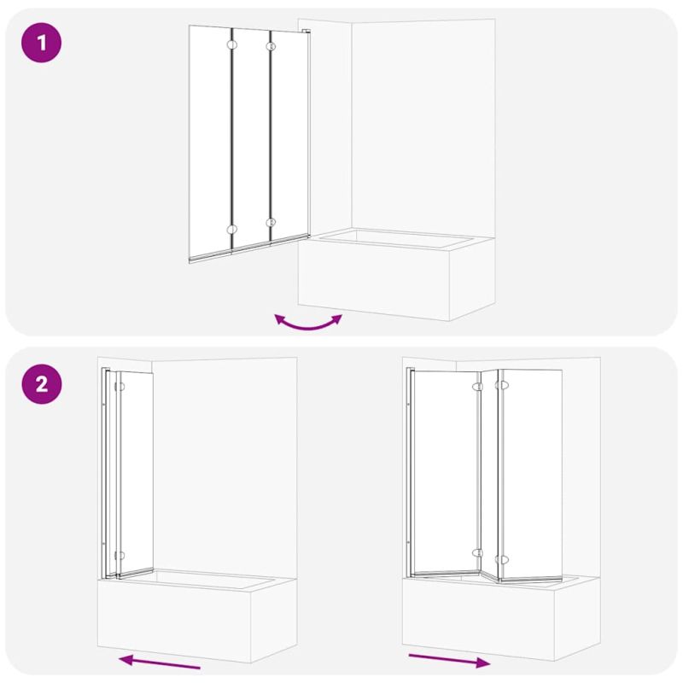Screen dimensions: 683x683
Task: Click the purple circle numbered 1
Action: (x=41, y=43)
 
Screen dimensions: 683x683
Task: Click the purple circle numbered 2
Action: (x=41, y=384)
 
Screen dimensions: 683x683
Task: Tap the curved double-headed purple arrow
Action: (x=308, y=324)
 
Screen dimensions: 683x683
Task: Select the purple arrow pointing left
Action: (x=160, y=662)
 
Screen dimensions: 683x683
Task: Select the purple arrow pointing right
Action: (x=449, y=660)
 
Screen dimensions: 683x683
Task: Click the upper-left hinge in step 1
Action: (x=231, y=44)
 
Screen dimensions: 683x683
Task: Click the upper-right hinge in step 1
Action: (x=271, y=46)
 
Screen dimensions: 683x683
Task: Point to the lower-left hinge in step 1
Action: (x=231, y=230)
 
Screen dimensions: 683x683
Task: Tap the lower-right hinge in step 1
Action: (x=271, y=223)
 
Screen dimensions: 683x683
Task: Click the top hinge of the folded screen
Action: (x=120, y=387)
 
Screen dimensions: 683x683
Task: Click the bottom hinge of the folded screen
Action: (x=120, y=556)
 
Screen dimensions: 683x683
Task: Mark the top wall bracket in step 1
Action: (x=306, y=32)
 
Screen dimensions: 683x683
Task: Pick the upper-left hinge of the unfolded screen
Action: (x=478, y=387)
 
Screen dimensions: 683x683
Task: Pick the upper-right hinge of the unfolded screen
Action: (x=501, y=386)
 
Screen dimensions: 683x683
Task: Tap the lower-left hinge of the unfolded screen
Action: (x=478, y=553)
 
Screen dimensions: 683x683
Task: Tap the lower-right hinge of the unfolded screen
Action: (x=501, y=559)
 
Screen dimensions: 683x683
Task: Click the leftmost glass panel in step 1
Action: (x=210, y=143)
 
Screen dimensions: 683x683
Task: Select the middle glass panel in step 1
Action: (x=251, y=139)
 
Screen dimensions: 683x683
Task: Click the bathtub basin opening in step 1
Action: (x=396, y=239)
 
